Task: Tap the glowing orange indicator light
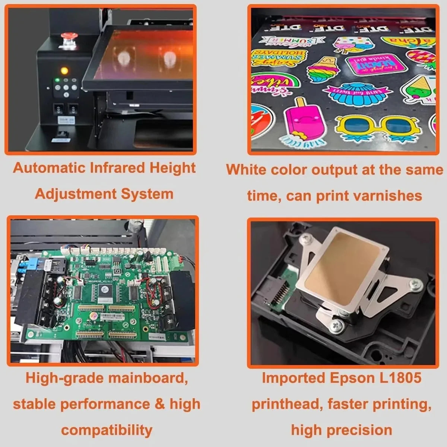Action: click(x=64, y=70)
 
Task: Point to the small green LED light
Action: click(x=57, y=80)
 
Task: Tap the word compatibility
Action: click(x=107, y=430)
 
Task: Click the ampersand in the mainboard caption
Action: click(x=159, y=404)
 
